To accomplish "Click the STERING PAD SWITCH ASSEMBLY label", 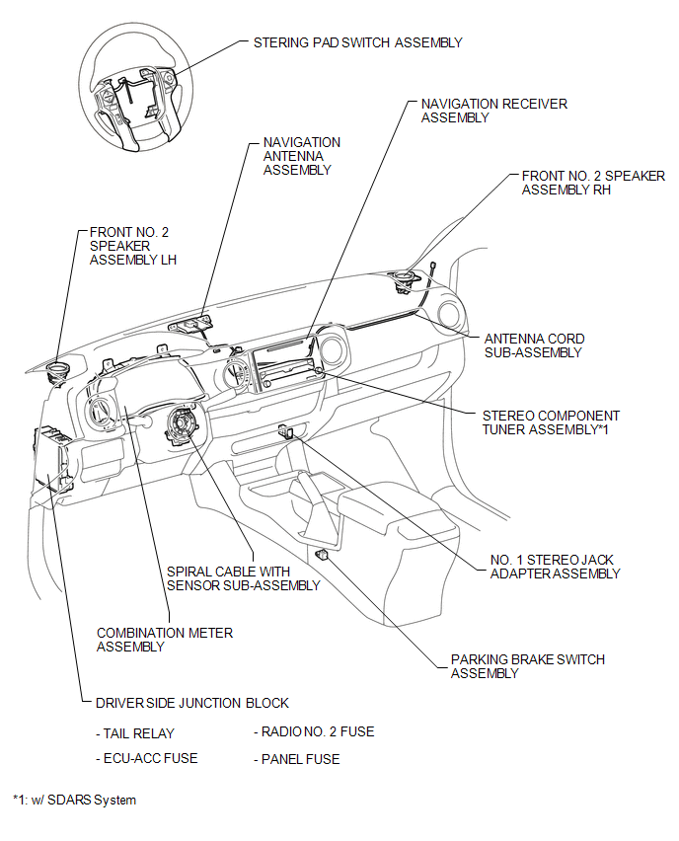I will pyautogui.click(x=357, y=42).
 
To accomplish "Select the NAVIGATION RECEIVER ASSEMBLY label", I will pyautogui.click(x=493, y=111).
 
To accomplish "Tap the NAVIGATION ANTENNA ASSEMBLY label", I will pyautogui.click(x=301, y=156).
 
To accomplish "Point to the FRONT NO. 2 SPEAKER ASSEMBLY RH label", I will pyautogui.click(x=592, y=183).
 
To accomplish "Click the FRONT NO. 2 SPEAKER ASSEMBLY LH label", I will pyautogui.click(x=129, y=246).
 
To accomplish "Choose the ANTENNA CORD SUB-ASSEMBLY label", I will pyautogui.click(x=533, y=345).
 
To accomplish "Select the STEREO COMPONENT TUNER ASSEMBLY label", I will pyautogui.click(x=551, y=422).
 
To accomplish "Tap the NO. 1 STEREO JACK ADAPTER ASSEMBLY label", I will pyautogui.click(x=555, y=566).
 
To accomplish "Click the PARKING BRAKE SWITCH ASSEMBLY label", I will pyautogui.click(x=527, y=666).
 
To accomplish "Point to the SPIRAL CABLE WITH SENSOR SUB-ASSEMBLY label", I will pyautogui.click(x=243, y=578).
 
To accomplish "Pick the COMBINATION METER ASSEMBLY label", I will pyautogui.click(x=165, y=640).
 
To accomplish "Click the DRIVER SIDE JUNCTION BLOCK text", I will pyautogui.click(x=192, y=703).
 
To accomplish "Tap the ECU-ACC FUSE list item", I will pyautogui.click(x=148, y=758).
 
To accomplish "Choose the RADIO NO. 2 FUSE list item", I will pyautogui.click(x=314, y=732).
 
